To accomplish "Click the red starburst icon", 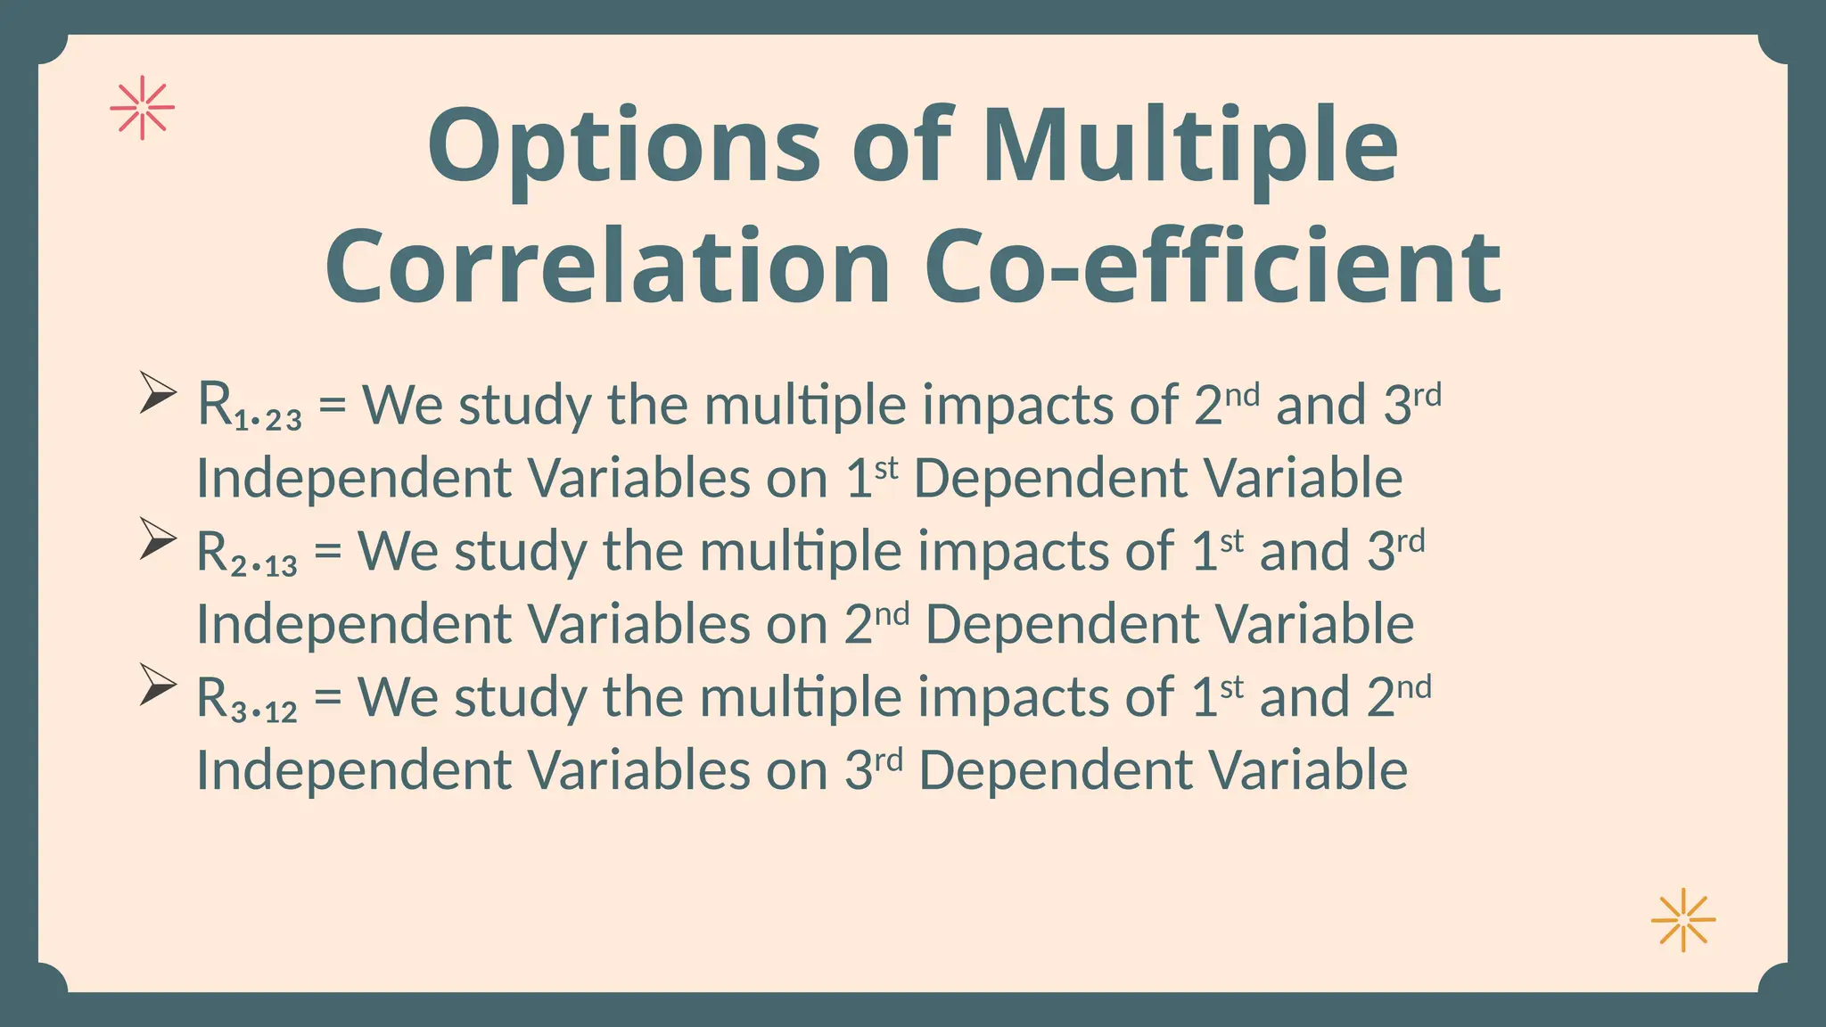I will point(142,109).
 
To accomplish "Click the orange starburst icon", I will point(1682,920).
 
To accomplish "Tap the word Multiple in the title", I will point(1189,147).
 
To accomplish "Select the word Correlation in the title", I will point(607,267).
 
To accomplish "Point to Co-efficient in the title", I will point(1213,267).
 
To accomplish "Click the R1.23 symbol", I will point(249,407).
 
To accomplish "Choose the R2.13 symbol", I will point(246,553).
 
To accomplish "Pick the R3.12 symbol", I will point(246,699).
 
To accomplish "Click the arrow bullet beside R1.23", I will point(157,392).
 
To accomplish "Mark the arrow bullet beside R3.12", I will point(157,685).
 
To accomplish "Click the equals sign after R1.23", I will point(332,406).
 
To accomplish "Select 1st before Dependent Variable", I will point(871,477).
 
